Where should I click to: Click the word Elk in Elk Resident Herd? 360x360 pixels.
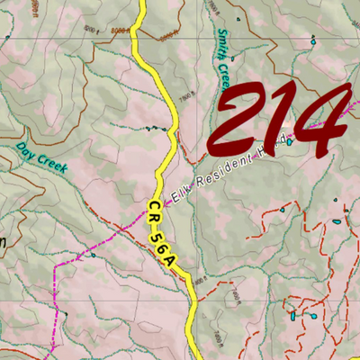tap(182, 190)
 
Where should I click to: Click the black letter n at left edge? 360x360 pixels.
tap(4, 241)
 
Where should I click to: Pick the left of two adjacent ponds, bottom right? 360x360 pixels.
tap(293, 315)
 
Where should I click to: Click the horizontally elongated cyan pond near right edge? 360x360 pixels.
tap(337, 220)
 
